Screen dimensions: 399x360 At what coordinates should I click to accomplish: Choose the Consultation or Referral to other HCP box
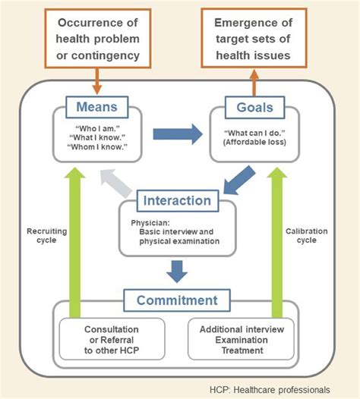pos(111,339)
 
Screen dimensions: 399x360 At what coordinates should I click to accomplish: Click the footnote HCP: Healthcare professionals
pos(270,389)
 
